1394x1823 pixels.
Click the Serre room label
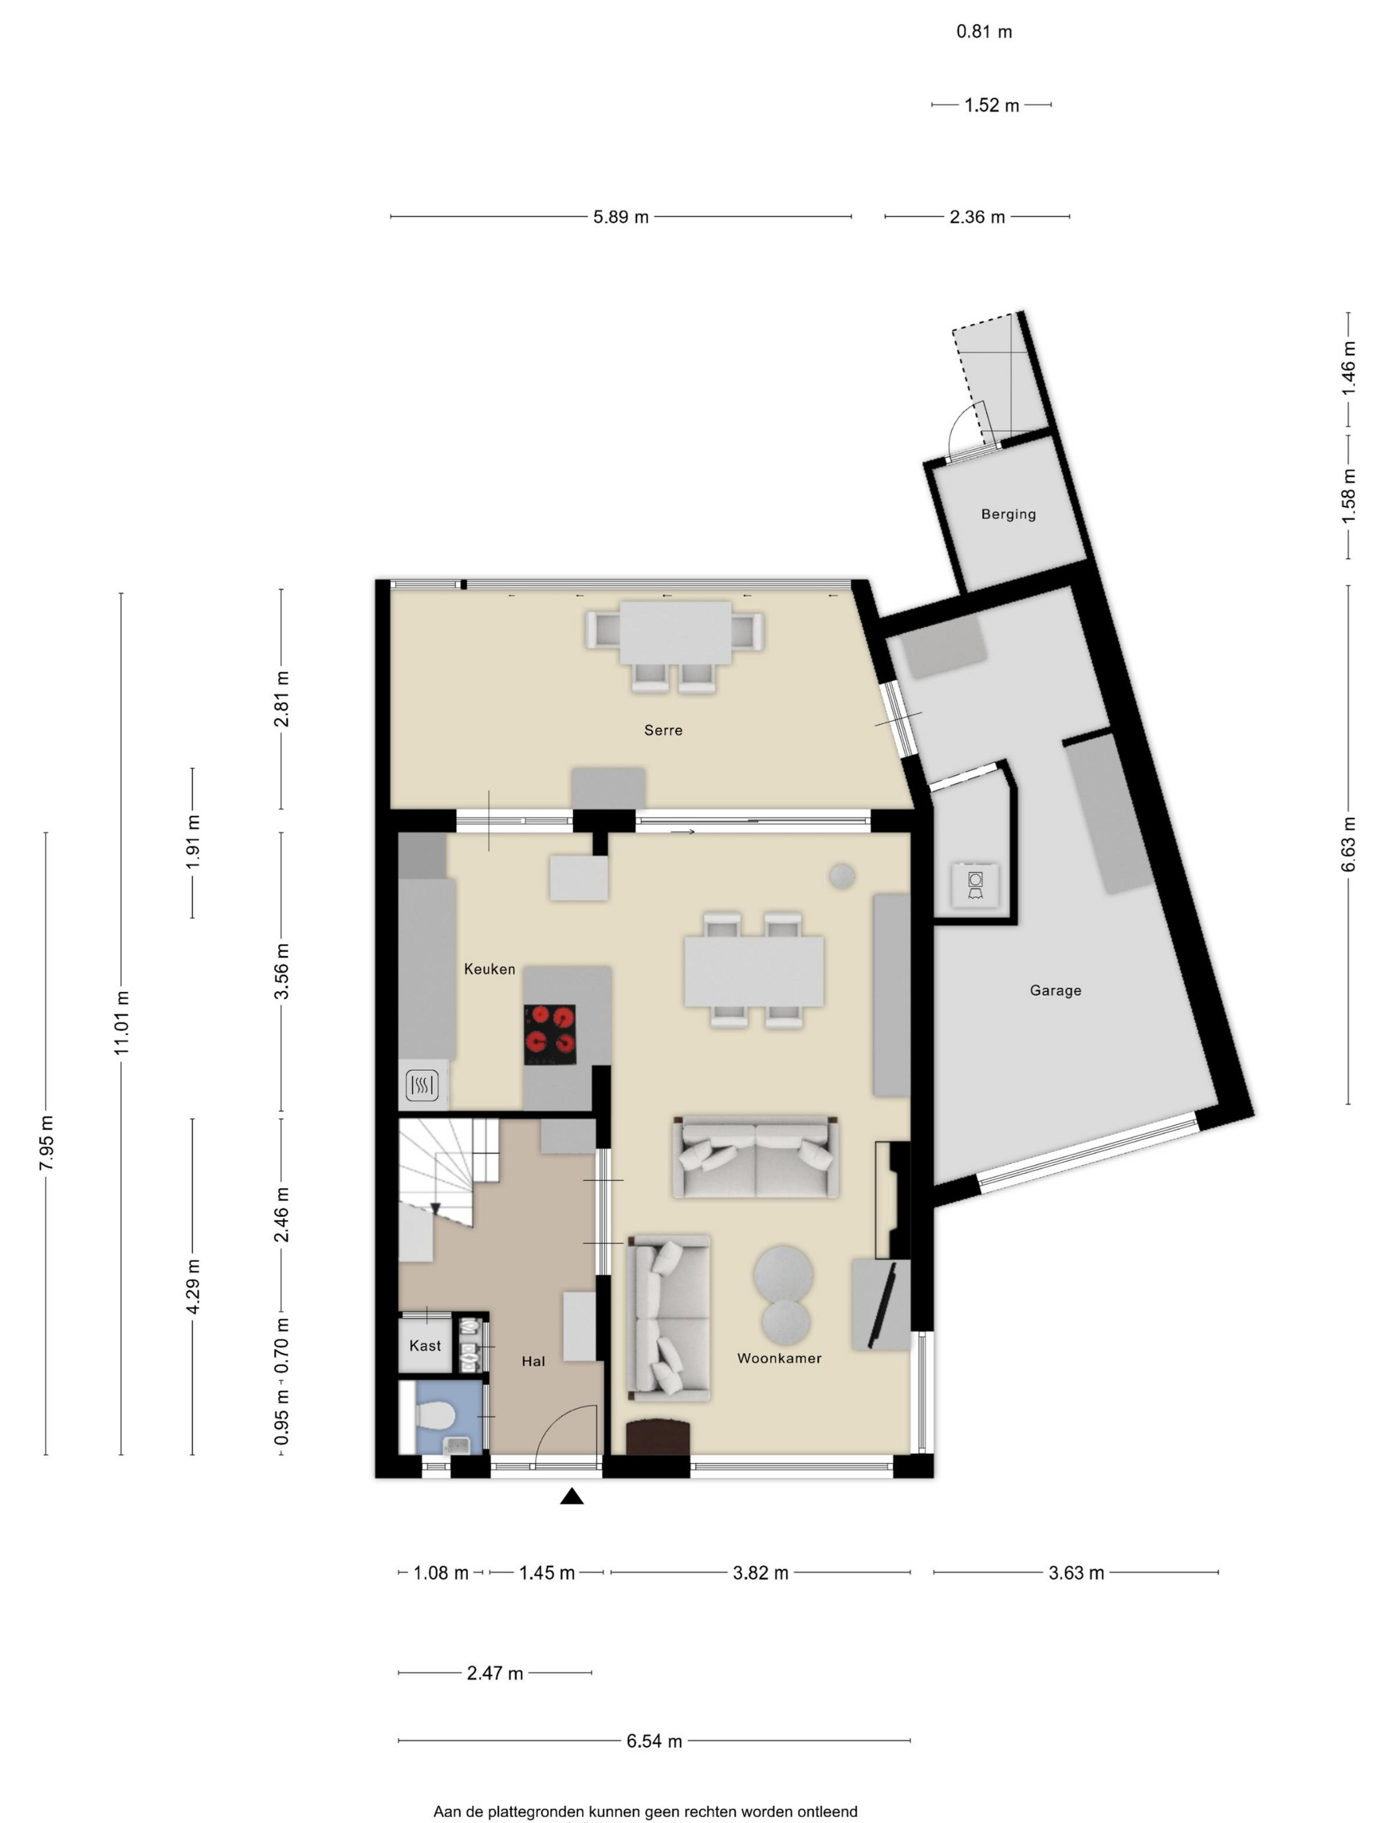pos(663,730)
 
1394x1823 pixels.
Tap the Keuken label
pos(490,969)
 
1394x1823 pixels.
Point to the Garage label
pos(1055,990)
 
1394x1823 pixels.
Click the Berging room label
pos(1008,515)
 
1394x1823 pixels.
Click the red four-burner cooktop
pos(550,1035)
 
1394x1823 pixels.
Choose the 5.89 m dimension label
pos(621,217)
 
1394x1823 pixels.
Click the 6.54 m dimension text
pos(654,1741)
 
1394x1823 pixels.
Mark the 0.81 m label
pos(984,31)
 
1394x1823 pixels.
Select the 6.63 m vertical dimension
pos(1348,844)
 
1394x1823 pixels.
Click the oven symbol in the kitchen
pos(422,1085)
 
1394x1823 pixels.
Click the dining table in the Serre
pos(676,632)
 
